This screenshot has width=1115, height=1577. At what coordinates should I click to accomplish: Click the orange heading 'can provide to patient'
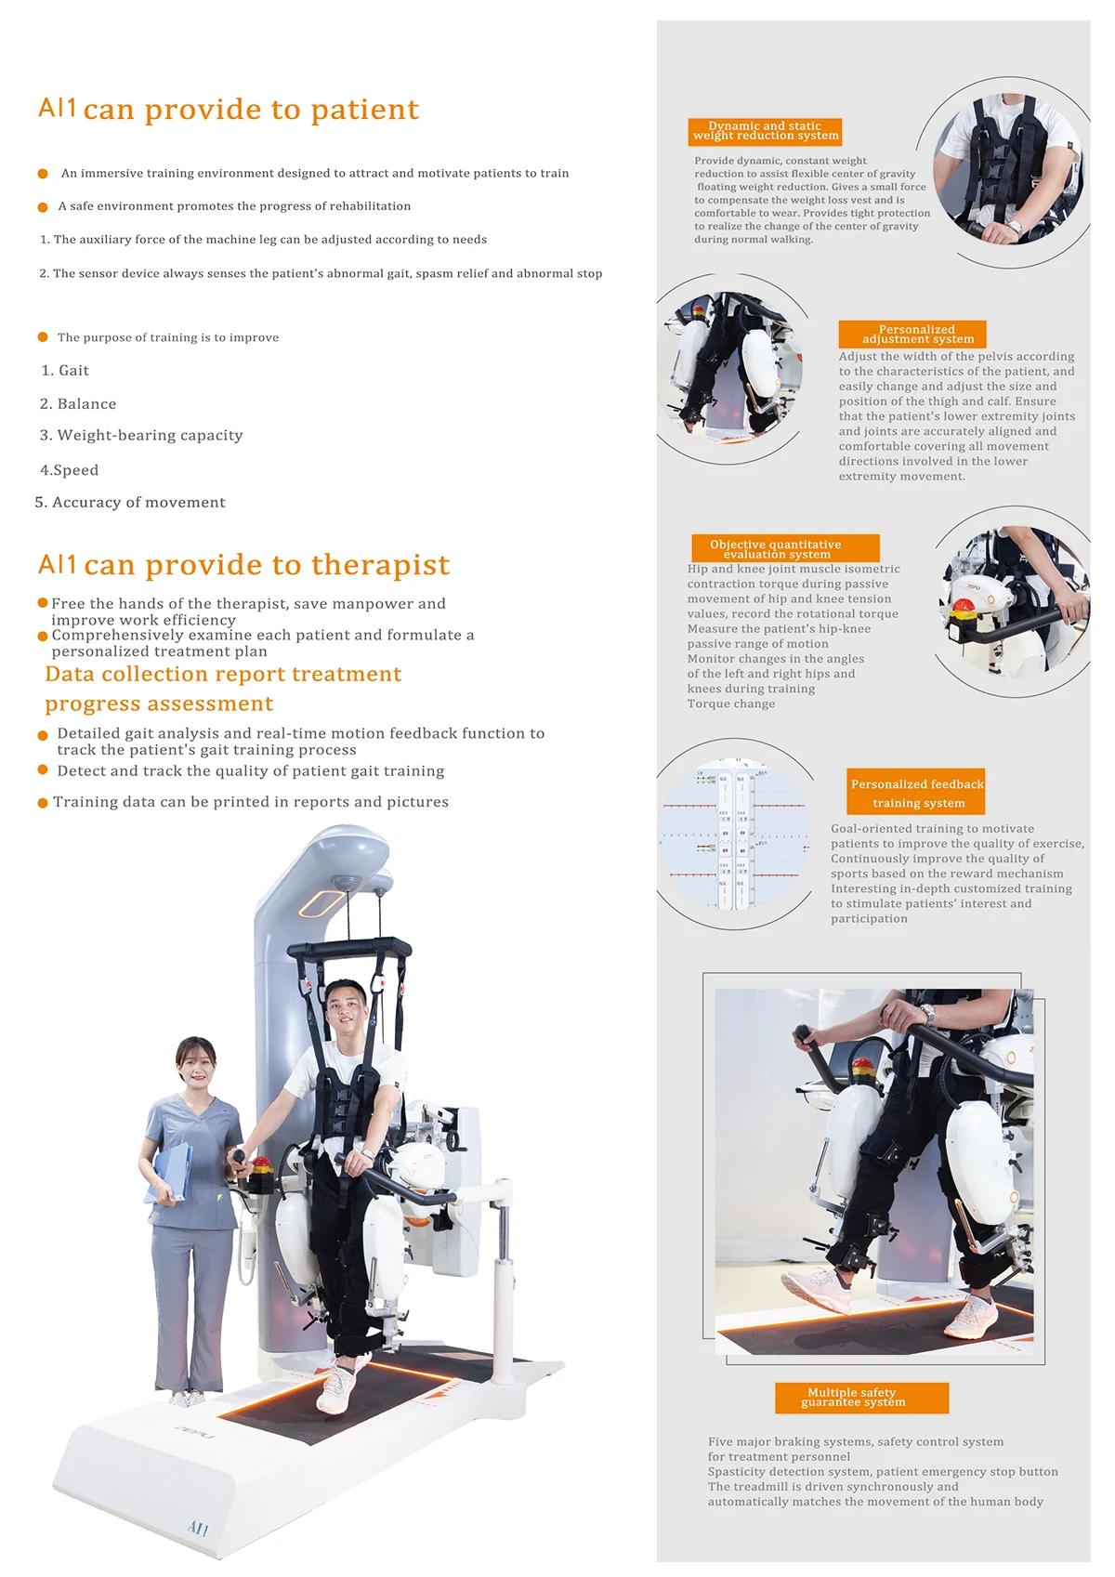click(x=251, y=110)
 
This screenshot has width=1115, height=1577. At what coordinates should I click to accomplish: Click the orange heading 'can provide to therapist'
click(x=267, y=565)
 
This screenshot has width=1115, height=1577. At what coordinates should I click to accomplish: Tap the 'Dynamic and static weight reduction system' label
click(x=766, y=131)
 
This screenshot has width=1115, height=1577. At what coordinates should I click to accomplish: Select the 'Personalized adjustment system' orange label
click(x=912, y=335)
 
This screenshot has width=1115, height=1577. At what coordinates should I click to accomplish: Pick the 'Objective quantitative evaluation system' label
click(x=785, y=548)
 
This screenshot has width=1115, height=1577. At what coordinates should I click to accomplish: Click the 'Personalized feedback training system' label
click(x=917, y=793)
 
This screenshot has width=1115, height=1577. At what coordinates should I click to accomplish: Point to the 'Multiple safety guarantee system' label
click(x=861, y=1398)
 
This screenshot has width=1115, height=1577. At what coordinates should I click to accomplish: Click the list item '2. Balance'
click(x=78, y=404)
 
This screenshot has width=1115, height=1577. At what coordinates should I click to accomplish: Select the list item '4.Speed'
click(x=70, y=470)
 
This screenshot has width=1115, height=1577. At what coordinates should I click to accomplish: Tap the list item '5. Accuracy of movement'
click(x=130, y=503)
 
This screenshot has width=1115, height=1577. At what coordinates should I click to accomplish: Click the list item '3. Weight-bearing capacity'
click(x=141, y=436)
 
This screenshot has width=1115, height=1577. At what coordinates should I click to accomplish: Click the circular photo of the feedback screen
click(x=734, y=834)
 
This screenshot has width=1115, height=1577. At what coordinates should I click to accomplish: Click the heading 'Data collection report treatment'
click(x=223, y=675)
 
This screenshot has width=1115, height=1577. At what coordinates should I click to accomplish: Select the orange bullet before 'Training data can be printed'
click(x=43, y=803)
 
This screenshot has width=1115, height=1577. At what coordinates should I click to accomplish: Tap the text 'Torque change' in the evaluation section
click(x=731, y=704)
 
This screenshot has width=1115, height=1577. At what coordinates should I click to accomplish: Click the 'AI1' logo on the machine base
click(x=198, y=1528)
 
